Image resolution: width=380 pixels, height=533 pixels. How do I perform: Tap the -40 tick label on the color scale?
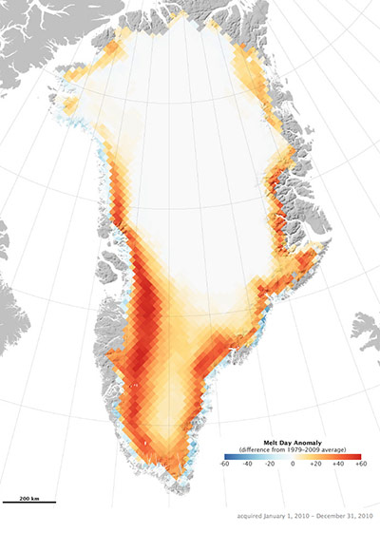tap(246, 463)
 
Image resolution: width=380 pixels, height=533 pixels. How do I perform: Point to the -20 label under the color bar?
tap(270, 463)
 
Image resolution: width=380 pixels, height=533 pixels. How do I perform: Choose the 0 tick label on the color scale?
tap(294, 463)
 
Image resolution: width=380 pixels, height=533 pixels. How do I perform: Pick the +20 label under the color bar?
tap(316, 463)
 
